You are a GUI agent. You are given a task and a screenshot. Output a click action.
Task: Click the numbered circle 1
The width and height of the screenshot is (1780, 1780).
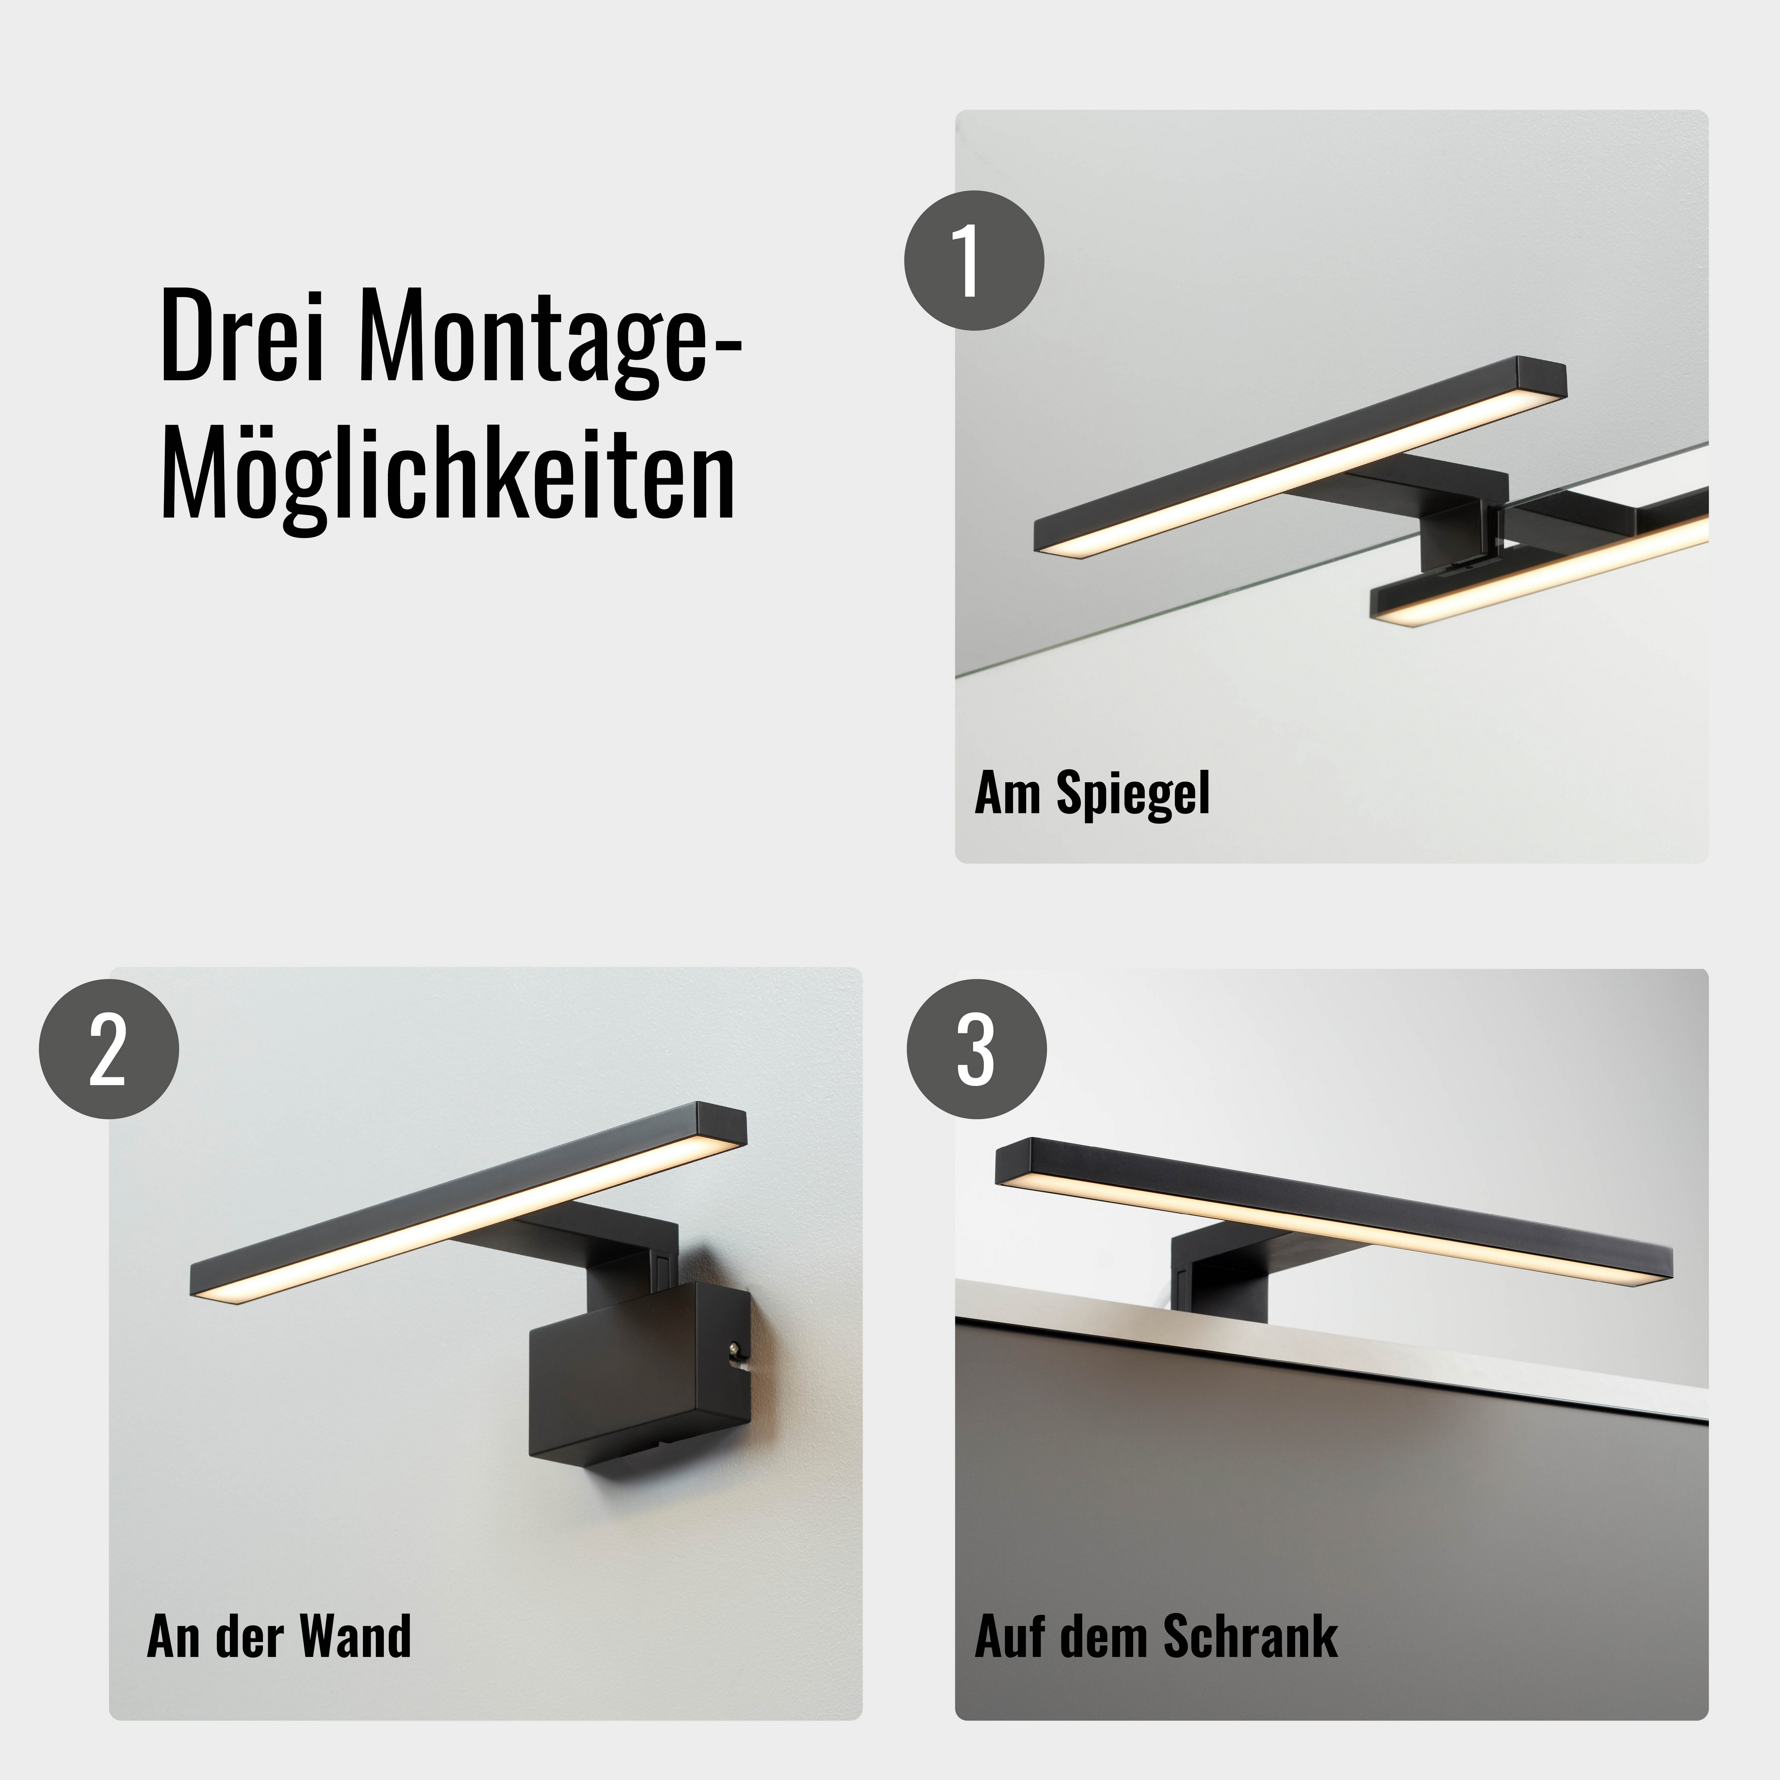(974, 261)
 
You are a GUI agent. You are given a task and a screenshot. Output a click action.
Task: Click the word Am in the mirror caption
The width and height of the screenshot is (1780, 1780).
(1009, 794)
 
